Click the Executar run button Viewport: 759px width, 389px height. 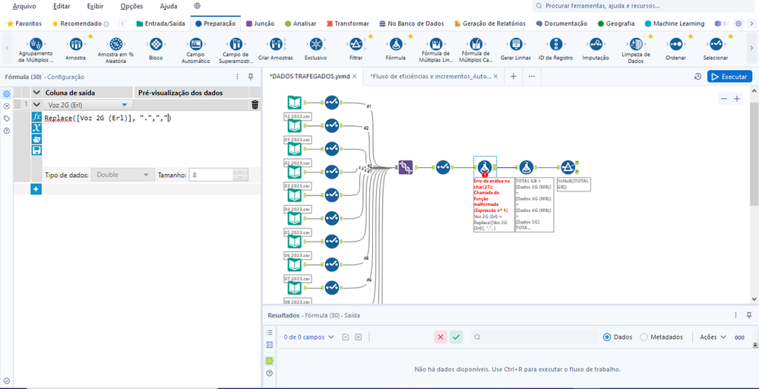729,77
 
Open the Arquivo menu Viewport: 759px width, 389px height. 24,6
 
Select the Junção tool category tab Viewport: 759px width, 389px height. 261,24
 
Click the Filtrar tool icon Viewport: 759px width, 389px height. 356,45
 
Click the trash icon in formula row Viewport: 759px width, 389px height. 255,105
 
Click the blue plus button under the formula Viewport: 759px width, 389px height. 36,188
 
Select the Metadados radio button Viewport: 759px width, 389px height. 644,337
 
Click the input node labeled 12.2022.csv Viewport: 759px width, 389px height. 293,103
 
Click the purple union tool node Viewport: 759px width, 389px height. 406,167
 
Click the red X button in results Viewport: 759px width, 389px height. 441,337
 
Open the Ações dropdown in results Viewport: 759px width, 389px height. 713,337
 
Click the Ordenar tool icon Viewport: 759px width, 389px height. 675,45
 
